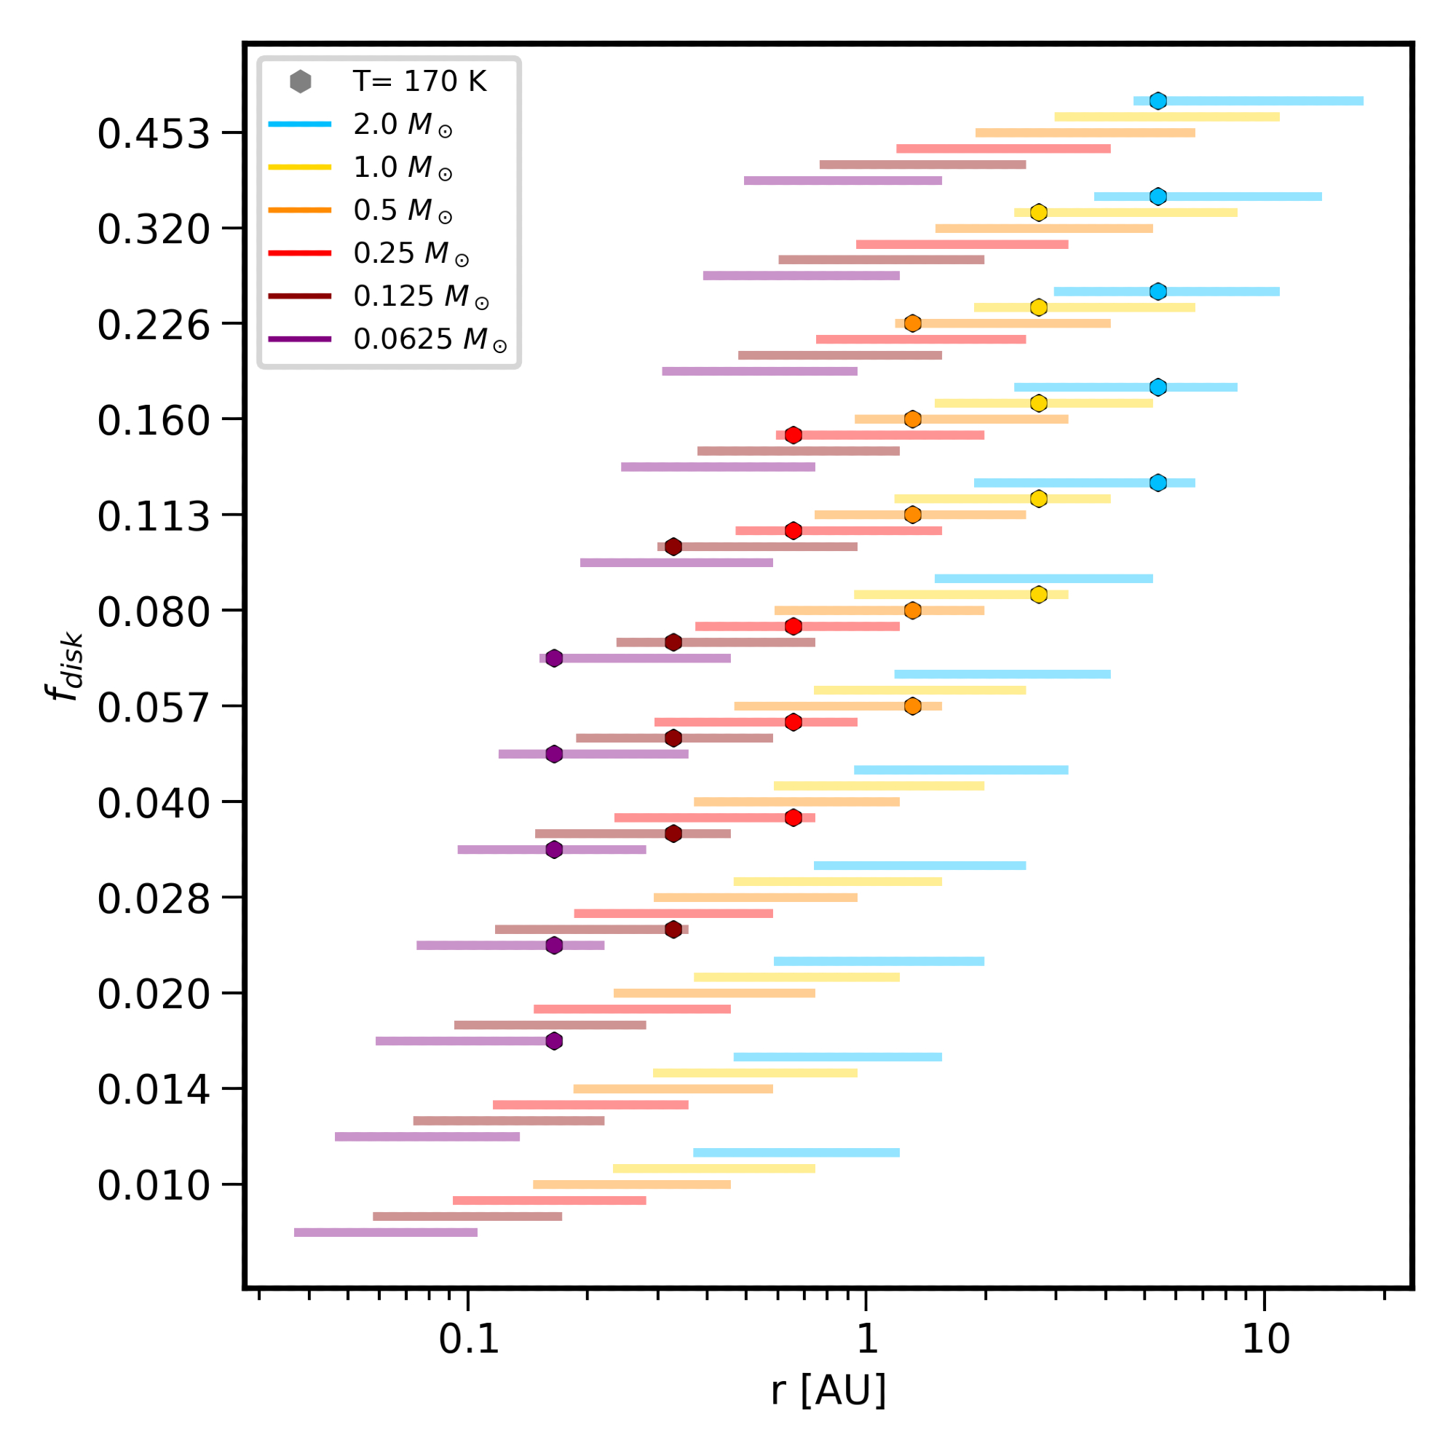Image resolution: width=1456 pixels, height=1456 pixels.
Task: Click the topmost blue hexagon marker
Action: coord(1158,101)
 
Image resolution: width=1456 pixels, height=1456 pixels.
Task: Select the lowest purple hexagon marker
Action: coord(554,1041)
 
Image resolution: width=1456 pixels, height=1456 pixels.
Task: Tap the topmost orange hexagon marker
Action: coord(913,323)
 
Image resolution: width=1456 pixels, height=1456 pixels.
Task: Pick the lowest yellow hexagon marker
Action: coord(1039,595)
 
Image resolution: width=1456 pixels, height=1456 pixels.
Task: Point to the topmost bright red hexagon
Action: coord(793,435)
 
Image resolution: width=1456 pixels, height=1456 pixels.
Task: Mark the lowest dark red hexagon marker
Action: coord(673,929)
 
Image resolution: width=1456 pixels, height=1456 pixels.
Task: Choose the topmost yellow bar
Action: coord(1166,116)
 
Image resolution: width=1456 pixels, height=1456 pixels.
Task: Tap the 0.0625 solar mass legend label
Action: coord(430,340)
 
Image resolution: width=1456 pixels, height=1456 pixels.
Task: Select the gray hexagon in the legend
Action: coord(301,82)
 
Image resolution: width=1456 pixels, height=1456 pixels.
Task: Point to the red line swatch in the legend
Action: coord(300,253)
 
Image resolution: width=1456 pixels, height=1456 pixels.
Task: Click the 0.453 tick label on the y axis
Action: coord(153,134)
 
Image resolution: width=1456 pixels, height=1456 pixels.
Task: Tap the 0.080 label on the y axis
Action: coord(153,612)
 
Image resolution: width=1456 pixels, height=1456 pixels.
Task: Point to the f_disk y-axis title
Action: coord(65,667)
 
